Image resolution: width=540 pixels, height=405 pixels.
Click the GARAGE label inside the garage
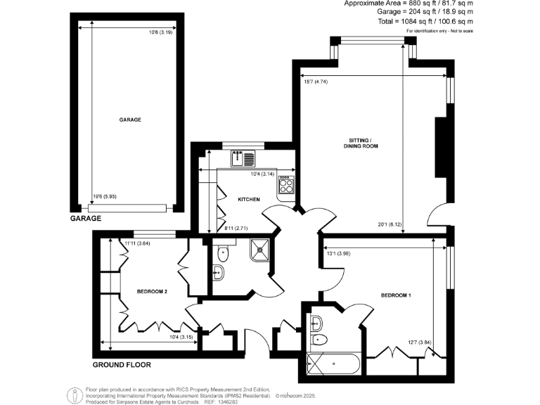130,120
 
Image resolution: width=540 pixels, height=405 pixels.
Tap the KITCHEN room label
248,200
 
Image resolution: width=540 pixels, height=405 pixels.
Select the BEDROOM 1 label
395,295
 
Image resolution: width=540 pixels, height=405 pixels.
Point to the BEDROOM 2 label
151,292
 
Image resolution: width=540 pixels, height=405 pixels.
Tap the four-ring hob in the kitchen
286,186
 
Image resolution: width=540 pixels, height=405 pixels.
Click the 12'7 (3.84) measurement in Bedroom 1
416,343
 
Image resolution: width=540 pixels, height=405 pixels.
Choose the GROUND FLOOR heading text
122,365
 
